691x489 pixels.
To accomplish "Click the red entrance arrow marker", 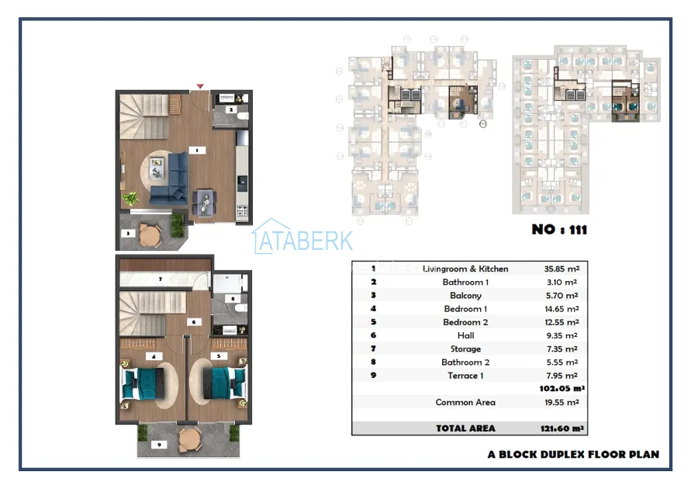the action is tap(200, 86).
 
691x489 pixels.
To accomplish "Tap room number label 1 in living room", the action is tap(197, 151).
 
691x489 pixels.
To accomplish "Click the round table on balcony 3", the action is tap(150, 235).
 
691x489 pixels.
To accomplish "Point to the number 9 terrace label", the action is tap(159, 445).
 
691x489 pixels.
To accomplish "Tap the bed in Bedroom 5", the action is tap(224, 383).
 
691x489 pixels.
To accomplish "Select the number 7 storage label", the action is tap(161, 279).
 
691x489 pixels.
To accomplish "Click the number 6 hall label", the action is tap(194, 322).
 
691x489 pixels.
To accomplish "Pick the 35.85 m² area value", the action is tap(561, 269).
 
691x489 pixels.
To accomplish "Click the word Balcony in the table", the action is tap(465, 296).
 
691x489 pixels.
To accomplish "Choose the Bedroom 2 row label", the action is tap(465, 322).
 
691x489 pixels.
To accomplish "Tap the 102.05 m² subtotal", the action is tap(562, 388).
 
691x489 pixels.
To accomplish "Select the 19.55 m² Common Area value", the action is tap(562, 402).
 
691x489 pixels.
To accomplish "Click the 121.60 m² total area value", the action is tap(562, 428).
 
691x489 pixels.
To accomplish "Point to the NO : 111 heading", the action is tap(559, 229).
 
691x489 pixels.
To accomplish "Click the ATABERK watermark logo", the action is tap(302, 237).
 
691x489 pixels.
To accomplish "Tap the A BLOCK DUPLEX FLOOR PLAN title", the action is tap(573, 454).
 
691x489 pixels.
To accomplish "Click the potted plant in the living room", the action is tap(130, 199).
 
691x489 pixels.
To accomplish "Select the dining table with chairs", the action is tap(205, 203).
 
